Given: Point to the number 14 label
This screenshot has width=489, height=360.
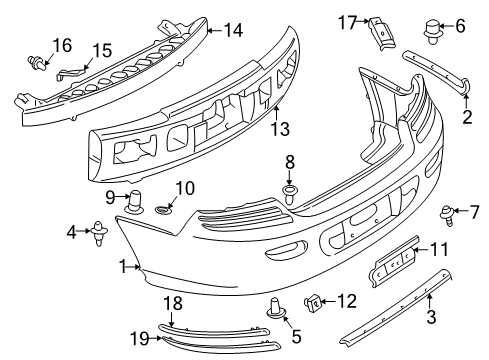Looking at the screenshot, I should pos(233,30).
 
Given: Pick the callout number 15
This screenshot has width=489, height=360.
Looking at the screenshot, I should pos(102,50).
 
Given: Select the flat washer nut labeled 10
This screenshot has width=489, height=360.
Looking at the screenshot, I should pos(164,210).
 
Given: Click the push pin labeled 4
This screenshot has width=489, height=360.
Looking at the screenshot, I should pos(100,237).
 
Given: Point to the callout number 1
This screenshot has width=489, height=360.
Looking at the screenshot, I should pos(124,267).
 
